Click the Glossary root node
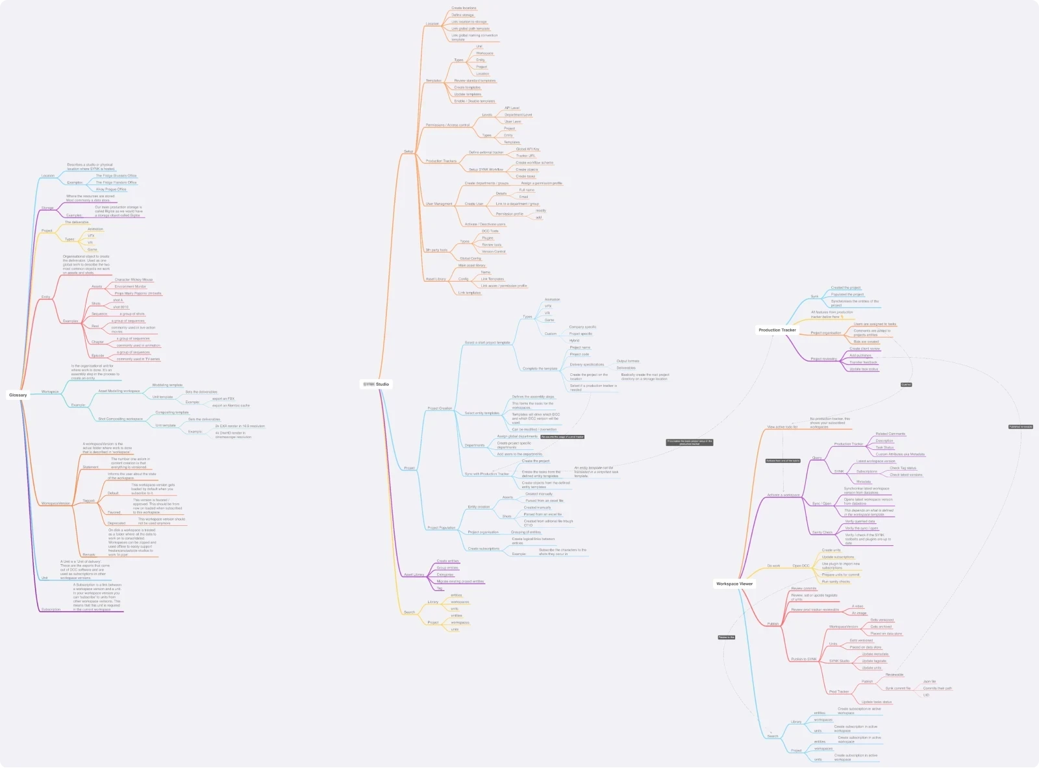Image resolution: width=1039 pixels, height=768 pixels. tap(18, 395)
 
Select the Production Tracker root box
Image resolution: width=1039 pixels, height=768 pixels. tap(777, 330)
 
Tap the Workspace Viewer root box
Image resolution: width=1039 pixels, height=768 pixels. tap(734, 584)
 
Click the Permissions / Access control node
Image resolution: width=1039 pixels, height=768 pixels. tap(447, 125)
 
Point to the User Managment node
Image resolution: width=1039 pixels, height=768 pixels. tap(439, 204)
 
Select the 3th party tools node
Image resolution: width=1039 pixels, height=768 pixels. tap(436, 250)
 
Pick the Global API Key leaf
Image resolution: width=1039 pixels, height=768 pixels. tap(527, 149)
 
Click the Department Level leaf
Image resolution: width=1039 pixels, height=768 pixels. tap(518, 115)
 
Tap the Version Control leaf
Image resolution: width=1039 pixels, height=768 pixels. tap(494, 251)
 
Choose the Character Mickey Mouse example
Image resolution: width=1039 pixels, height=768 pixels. tap(134, 280)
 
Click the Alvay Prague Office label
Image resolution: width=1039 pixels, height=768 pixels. tap(111, 190)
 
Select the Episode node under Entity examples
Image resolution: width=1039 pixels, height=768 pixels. tap(98, 356)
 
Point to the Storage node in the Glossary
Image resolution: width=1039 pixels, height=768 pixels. tap(47, 208)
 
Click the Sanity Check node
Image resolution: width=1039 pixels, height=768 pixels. tap(822, 532)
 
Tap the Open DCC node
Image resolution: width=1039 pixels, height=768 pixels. tap(801, 565)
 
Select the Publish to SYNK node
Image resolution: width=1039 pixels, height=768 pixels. tap(804, 659)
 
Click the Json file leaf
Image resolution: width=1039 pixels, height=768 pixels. tap(929, 682)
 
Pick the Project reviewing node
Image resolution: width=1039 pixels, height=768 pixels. tap(823, 359)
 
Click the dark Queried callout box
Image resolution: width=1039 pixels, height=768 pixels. tap(906, 384)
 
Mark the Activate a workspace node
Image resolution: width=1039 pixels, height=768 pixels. tap(783, 495)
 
